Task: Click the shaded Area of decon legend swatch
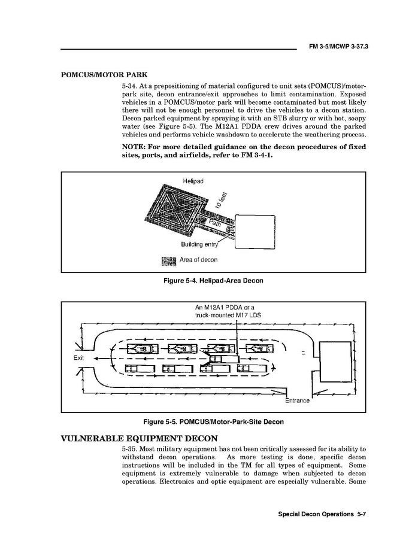point(168,260)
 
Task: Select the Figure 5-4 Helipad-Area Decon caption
point(213,280)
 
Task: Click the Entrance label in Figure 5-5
point(297,400)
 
